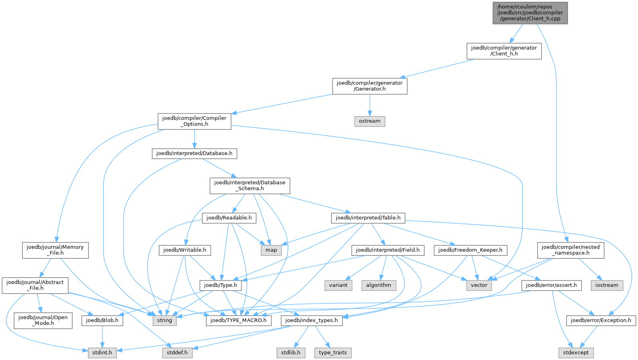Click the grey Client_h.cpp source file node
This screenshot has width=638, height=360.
point(530,13)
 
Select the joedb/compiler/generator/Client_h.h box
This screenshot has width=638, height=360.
point(504,51)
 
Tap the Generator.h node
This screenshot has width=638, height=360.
point(369,86)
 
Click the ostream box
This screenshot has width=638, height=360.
point(369,121)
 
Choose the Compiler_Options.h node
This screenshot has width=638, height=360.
point(194,121)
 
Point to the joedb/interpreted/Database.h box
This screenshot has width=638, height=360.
point(194,153)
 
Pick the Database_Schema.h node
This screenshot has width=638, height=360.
point(249,185)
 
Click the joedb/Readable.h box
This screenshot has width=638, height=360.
point(229,218)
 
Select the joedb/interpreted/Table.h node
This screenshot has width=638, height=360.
point(368,218)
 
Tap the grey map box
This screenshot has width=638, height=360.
point(271,250)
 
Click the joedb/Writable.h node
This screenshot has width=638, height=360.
point(185,250)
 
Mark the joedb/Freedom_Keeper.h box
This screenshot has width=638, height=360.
point(470,250)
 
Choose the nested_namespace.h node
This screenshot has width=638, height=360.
point(570,250)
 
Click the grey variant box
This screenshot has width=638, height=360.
point(338,285)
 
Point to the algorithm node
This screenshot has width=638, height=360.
point(379,285)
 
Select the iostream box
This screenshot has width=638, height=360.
point(606,285)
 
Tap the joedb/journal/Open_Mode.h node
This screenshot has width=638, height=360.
point(43,320)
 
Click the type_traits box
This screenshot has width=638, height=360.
point(333,353)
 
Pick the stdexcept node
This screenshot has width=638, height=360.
point(576,353)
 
